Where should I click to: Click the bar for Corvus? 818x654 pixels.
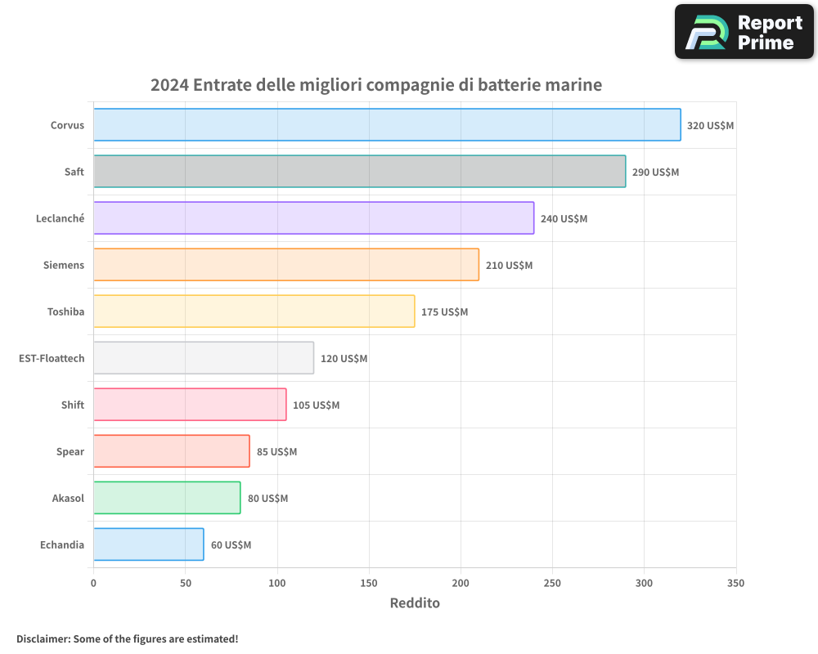pyautogui.click(x=387, y=125)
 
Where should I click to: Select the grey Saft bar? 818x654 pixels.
pyautogui.click(x=359, y=172)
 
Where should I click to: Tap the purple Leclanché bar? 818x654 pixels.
pyautogui.click(x=313, y=218)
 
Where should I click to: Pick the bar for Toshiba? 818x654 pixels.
pyautogui.click(x=254, y=311)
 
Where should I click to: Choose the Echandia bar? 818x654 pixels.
pyautogui.click(x=148, y=544)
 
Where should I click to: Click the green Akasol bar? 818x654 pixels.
pyautogui.click(x=167, y=498)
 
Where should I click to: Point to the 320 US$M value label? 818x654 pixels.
pyautogui.click(x=710, y=126)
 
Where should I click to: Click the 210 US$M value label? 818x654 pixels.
pyautogui.click(x=509, y=266)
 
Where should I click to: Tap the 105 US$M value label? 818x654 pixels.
pyautogui.click(x=316, y=405)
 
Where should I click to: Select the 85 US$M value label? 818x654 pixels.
pyautogui.click(x=276, y=452)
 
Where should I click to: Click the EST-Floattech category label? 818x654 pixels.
pyautogui.click(x=52, y=358)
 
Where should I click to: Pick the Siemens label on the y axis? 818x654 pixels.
pyautogui.click(x=64, y=265)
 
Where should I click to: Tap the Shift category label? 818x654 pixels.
pyautogui.click(x=73, y=405)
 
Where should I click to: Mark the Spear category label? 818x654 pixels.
pyautogui.click(x=70, y=451)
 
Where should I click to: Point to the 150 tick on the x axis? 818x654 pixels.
pyautogui.click(x=369, y=583)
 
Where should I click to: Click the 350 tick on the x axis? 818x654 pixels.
pyautogui.click(x=735, y=583)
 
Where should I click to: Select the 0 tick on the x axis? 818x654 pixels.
pyautogui.click(x=93, y=583)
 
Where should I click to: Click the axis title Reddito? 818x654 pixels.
pyautogui.click(x=415, y=603)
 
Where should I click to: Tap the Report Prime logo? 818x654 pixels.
pyautogui.click(x=744, y=32)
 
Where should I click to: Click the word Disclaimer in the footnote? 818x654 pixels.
pyautogui.click(x=43, y=638)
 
